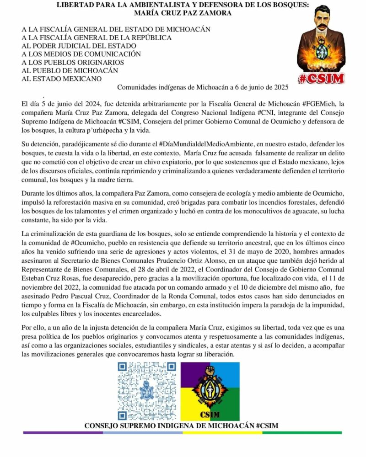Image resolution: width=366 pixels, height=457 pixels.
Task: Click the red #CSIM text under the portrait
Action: point(321,78)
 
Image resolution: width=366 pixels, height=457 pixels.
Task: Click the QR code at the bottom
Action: point(147,391)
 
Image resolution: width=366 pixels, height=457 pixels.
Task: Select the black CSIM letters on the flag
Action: point(210,414)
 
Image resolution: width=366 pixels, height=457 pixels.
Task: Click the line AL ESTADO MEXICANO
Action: point(62,79)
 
